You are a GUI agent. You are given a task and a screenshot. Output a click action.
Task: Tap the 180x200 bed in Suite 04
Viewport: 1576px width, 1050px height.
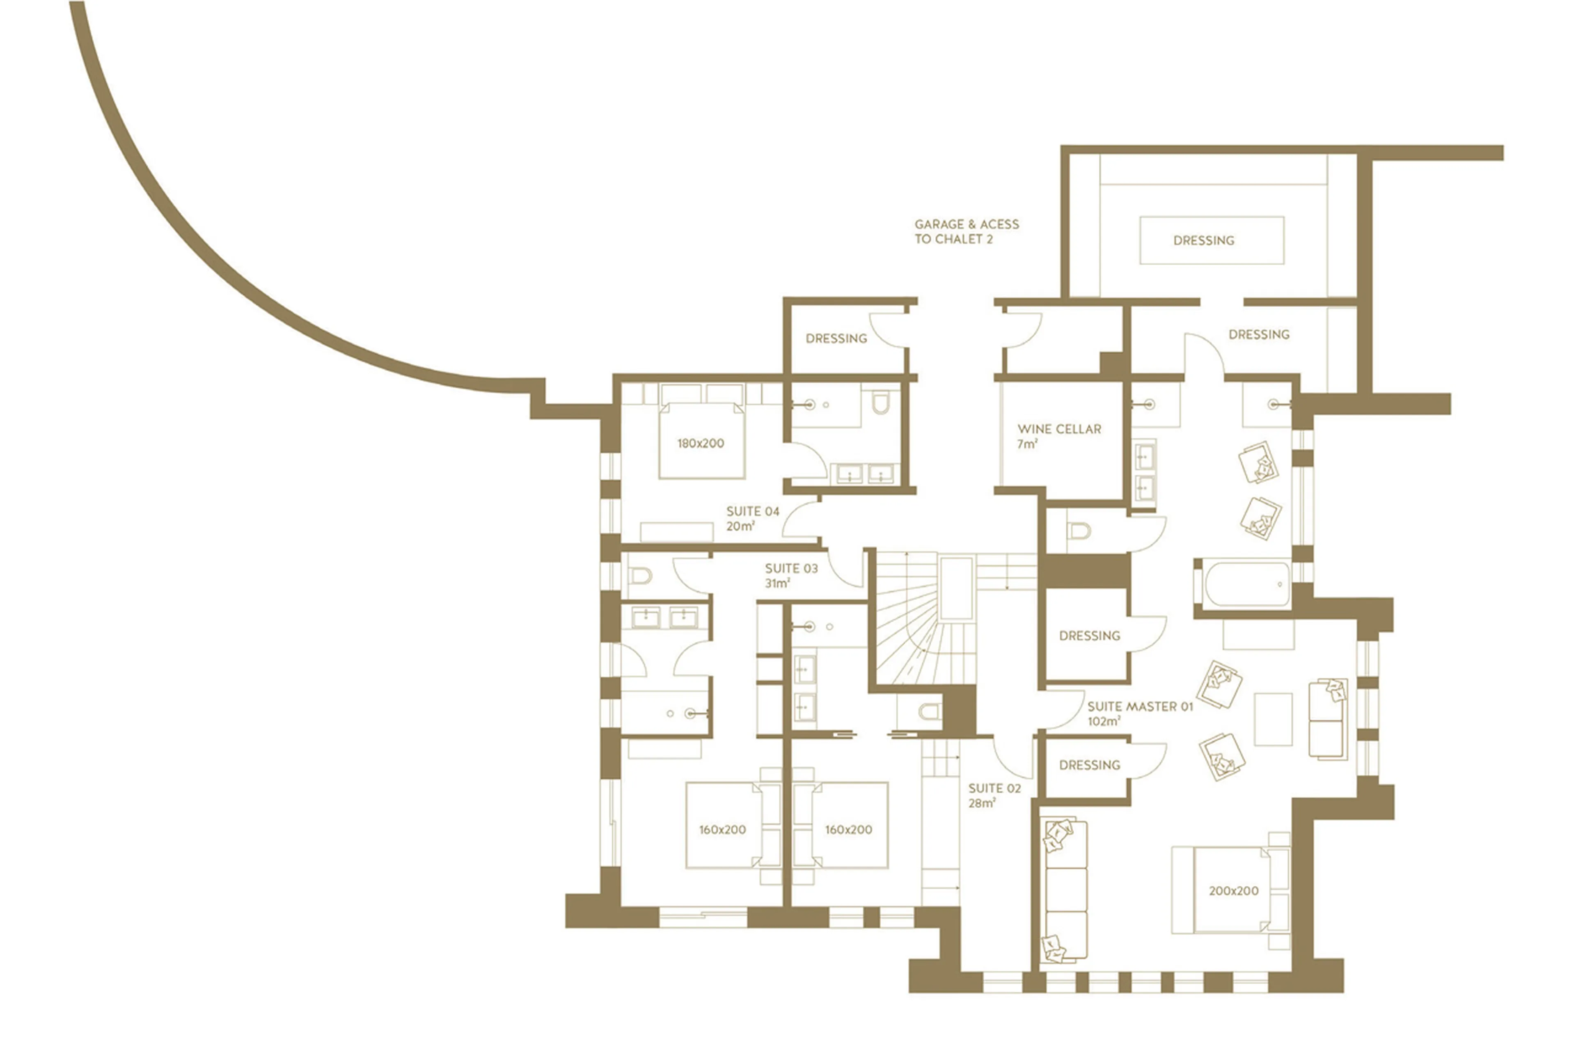(701, 442)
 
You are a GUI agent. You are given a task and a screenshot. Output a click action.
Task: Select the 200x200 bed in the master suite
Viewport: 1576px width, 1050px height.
(1232, 891)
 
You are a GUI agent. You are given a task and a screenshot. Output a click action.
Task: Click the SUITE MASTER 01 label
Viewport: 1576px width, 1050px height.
(1140, 707)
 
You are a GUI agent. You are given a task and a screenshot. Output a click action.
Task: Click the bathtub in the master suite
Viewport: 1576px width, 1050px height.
(1246, 584)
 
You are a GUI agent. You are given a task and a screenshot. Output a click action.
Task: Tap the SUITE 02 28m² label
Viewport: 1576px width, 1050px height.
(994, 795)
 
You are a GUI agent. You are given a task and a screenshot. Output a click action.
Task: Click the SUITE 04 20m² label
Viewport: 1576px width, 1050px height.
(752, 518)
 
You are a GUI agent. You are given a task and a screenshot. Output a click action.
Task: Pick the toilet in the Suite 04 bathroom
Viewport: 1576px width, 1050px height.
(880, 403)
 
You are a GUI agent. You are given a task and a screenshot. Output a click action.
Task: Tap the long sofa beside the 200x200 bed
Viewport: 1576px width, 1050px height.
(1065, 891)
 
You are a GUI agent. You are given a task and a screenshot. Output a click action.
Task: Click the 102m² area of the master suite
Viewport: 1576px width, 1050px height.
(1103, 722)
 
